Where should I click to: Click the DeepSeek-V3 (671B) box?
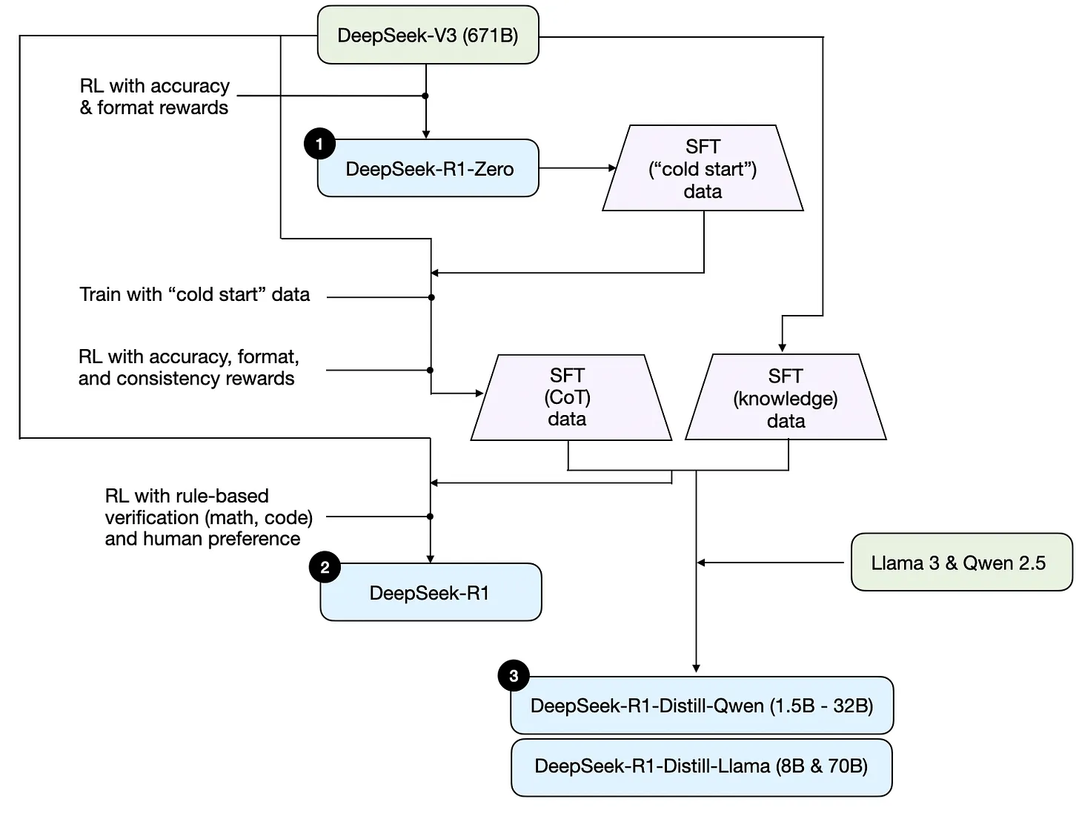point(428,35)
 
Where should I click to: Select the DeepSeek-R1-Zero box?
point(428,169)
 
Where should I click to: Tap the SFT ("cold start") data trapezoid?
point(703,169)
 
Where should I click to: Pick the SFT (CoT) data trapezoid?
point(568,398)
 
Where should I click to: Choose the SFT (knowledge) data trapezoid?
point(786,399)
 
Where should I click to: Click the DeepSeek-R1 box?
point(430,593)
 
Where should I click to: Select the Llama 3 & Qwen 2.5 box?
point(960,563)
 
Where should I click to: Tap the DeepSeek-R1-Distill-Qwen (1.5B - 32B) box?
point(701,706)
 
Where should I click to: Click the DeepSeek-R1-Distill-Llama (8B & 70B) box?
point(701,766)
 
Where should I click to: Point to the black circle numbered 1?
point(319,144)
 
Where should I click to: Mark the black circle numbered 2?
point(325,568)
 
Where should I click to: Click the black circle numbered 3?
point(514,675)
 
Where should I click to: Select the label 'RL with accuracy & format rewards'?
point(154,97)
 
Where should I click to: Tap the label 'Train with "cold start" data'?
point(194,295)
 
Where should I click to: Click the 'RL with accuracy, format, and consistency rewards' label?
point(188,368)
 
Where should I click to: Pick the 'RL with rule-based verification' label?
point(207,517)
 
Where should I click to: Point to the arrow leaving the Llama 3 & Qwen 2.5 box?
point(771,563)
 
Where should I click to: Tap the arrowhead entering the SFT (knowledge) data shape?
point(782,347)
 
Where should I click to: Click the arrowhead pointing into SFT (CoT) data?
point(479,394)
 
